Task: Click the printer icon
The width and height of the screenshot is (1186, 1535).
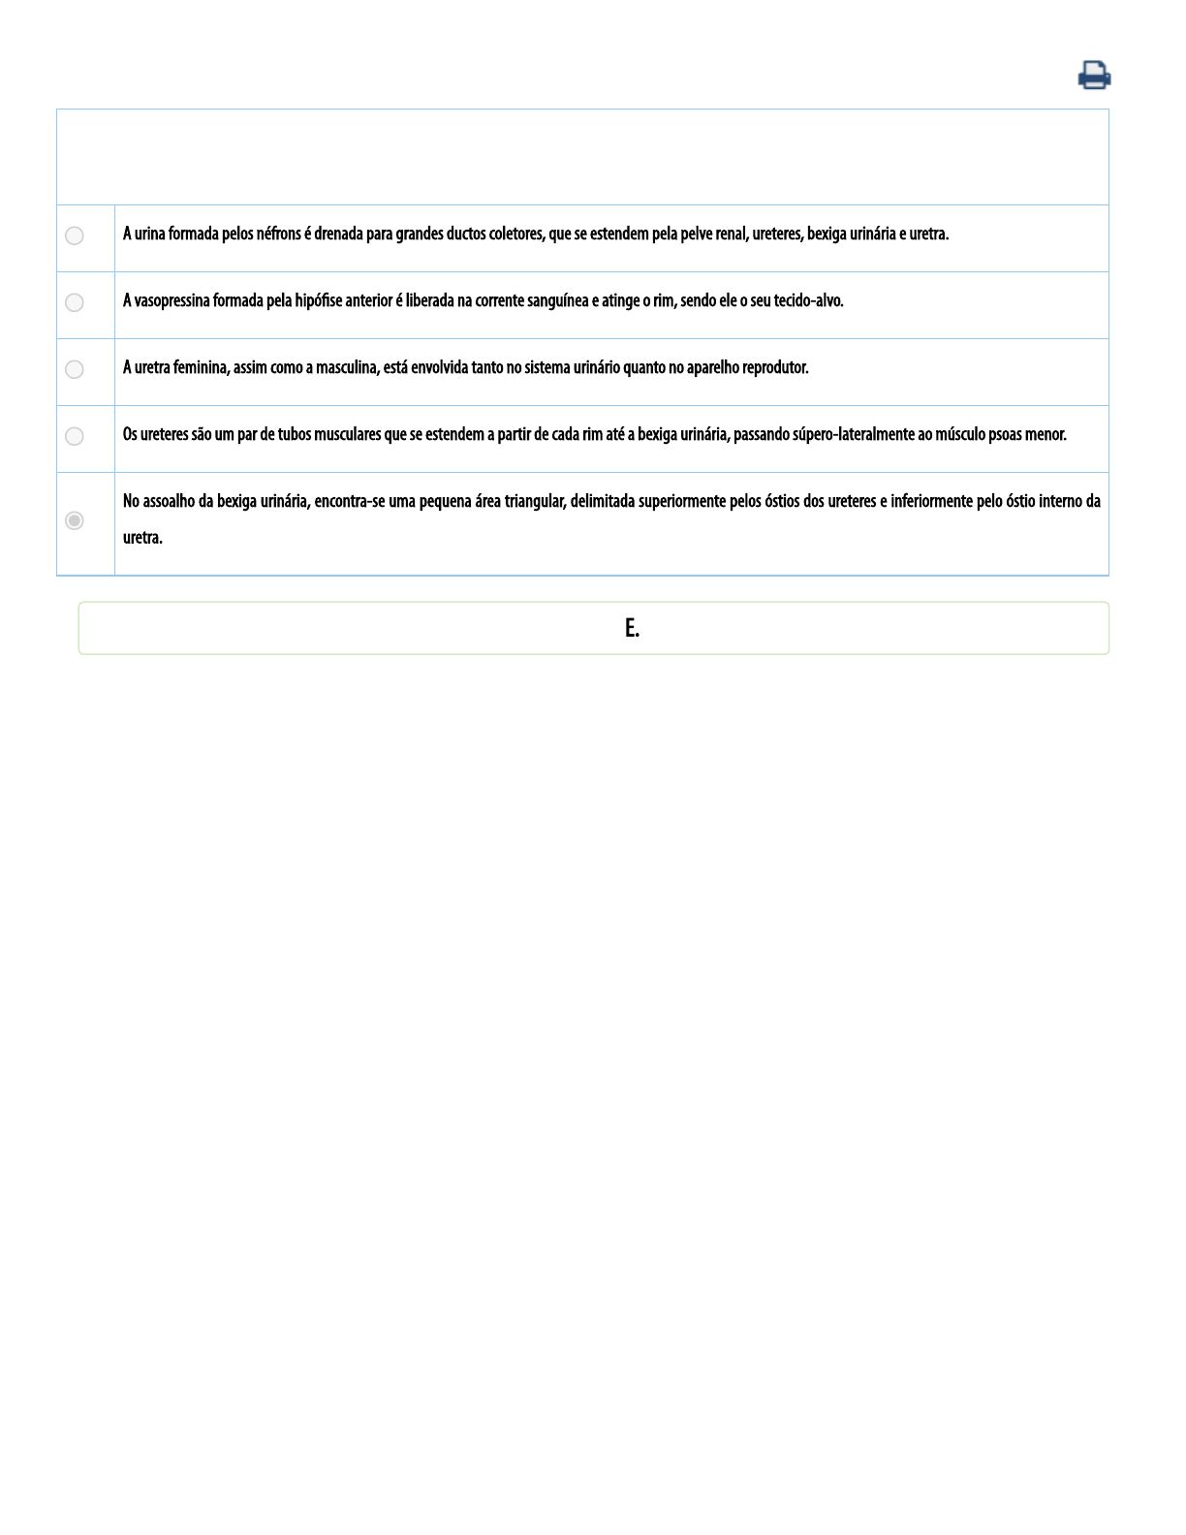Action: tap(1094, 75)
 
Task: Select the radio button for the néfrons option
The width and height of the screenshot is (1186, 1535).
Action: tap(75, 235)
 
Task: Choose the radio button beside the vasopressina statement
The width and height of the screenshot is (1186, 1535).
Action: tap(75, 302)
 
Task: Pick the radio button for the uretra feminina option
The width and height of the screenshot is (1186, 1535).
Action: tap(75, 369)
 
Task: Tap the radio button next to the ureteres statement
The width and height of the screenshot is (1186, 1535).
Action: tap(75, 436)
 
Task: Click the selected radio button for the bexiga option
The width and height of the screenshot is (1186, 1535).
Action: tap(75, 520)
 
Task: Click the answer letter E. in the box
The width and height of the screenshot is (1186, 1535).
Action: tap(632, 628)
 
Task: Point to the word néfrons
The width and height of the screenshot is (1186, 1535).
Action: tap(279, 234)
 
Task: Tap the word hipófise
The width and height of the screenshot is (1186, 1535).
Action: tap(319, 300)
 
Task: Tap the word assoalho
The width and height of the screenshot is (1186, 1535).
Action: tap(169, 501)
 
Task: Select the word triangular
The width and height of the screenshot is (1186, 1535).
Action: tap(535, 501)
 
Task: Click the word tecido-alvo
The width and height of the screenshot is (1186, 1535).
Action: tap(808, 300)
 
